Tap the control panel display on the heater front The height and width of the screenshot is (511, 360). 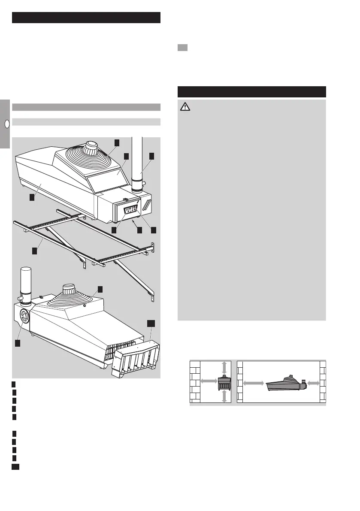click(129, 211)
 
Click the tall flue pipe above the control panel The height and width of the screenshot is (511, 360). click(138, 163)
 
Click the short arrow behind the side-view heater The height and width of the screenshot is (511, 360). click(313, 383)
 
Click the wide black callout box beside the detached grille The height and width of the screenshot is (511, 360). click(151, 322)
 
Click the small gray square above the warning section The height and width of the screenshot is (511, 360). click(182, 48)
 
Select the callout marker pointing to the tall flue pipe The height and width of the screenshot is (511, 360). click(152, 156)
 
